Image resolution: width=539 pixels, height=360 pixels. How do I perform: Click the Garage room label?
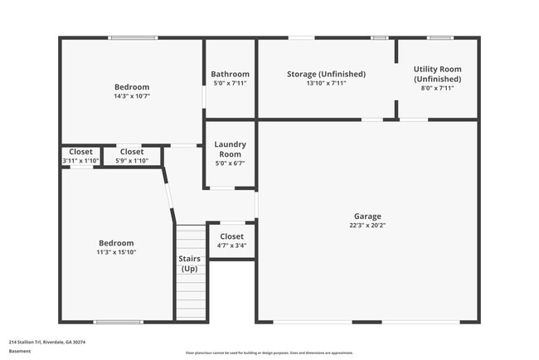(367, 215)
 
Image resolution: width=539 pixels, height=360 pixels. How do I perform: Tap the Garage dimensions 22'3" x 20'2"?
(367, 224)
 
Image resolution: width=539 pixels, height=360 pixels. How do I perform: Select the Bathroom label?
(230, 74)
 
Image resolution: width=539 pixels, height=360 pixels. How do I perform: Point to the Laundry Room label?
(230, 149)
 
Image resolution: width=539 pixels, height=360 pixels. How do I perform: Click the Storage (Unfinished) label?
(326, 74)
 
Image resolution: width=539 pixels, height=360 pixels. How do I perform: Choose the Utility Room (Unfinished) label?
(437, 74)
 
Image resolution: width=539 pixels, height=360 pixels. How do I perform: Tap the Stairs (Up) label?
(189, 264)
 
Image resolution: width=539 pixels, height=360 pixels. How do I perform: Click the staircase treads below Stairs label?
(189, 299)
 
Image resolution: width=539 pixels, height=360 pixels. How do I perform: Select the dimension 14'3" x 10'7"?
(132, 96)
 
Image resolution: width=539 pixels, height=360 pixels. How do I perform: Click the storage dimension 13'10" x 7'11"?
(326, 83)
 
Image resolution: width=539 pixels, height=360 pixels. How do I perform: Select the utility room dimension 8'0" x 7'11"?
(437, 88)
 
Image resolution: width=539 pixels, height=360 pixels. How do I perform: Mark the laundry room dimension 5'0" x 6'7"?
(230, 163)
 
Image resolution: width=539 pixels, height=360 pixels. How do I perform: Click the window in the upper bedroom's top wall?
(134, 37)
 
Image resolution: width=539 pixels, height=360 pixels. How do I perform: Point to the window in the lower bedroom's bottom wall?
(119, 322)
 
